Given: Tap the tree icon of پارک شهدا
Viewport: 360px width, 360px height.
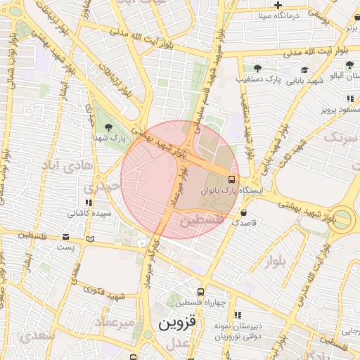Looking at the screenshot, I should (x=108, y=127).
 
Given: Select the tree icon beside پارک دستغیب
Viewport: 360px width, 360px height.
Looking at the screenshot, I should (x=257, y=68).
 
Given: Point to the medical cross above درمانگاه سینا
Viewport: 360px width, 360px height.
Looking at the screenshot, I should (x=278, y=5).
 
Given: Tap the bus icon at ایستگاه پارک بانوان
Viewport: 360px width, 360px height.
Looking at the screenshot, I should (x=232, y=179).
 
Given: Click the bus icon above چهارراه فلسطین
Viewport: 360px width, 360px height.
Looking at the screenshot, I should (x=201, y=292).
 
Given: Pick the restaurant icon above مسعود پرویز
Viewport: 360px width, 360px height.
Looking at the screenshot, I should (x=349, y=98).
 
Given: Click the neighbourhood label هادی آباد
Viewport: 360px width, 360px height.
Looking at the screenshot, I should (x=62, y=167).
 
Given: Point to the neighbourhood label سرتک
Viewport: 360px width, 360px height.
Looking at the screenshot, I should (x=340, y=138).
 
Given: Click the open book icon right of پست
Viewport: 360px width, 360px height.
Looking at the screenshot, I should (x=89, y=239).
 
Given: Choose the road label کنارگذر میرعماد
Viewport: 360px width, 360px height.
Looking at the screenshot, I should (x=150, y=263).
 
